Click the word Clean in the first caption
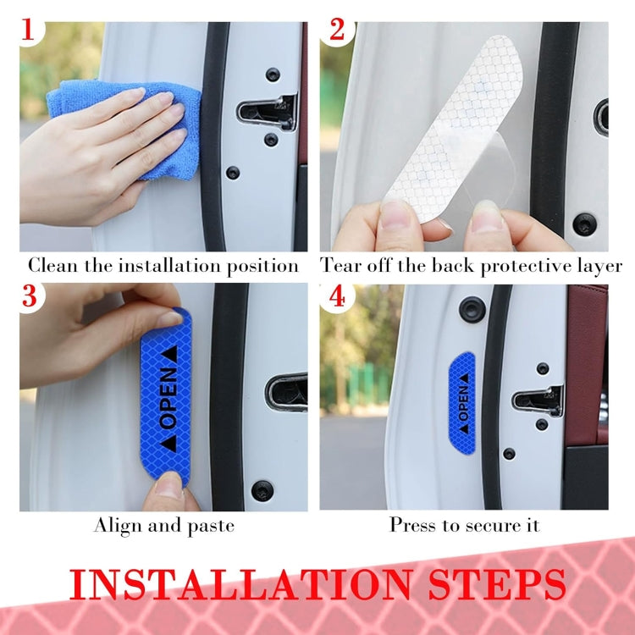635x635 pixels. tap(52, 266)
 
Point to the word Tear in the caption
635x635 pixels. tap(340, 266)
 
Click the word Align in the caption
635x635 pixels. tap(118, 526)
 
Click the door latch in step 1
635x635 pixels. tap(266, 110)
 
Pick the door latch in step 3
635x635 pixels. tap(286, 392)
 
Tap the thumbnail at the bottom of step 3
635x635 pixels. tap(168, 485)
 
